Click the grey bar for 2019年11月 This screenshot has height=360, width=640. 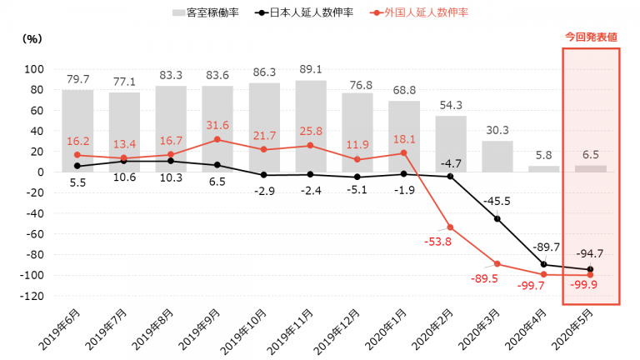[311, 125]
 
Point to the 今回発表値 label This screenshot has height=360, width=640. [591, 37]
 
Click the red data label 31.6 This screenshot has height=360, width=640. [217, 125]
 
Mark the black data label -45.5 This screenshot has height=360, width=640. [497, 201]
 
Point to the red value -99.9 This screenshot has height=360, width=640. [590, 288]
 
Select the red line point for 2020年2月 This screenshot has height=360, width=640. [451, 227]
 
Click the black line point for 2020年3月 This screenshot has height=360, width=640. [497, 218]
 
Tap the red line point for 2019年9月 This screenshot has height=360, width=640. [217, 139]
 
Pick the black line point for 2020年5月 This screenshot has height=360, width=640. [591, 269]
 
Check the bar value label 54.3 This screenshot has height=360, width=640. [451, 106]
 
